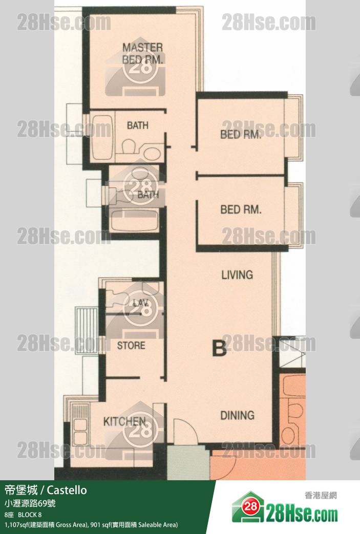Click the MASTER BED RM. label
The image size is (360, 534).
point(142,53)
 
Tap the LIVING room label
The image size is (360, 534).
point(237,274)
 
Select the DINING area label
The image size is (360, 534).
point(238,415)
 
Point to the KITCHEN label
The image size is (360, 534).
point(124,421)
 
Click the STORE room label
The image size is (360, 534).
point(131,346)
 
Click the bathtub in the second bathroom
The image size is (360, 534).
point(135,220)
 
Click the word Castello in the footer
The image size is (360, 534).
point(67,490)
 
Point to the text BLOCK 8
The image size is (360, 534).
point(30,515)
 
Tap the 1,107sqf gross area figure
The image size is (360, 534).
point(16,525)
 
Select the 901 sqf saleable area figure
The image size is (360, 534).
point(100,525)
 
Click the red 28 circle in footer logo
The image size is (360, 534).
point(251,506)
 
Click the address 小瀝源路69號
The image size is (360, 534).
point(30,503)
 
